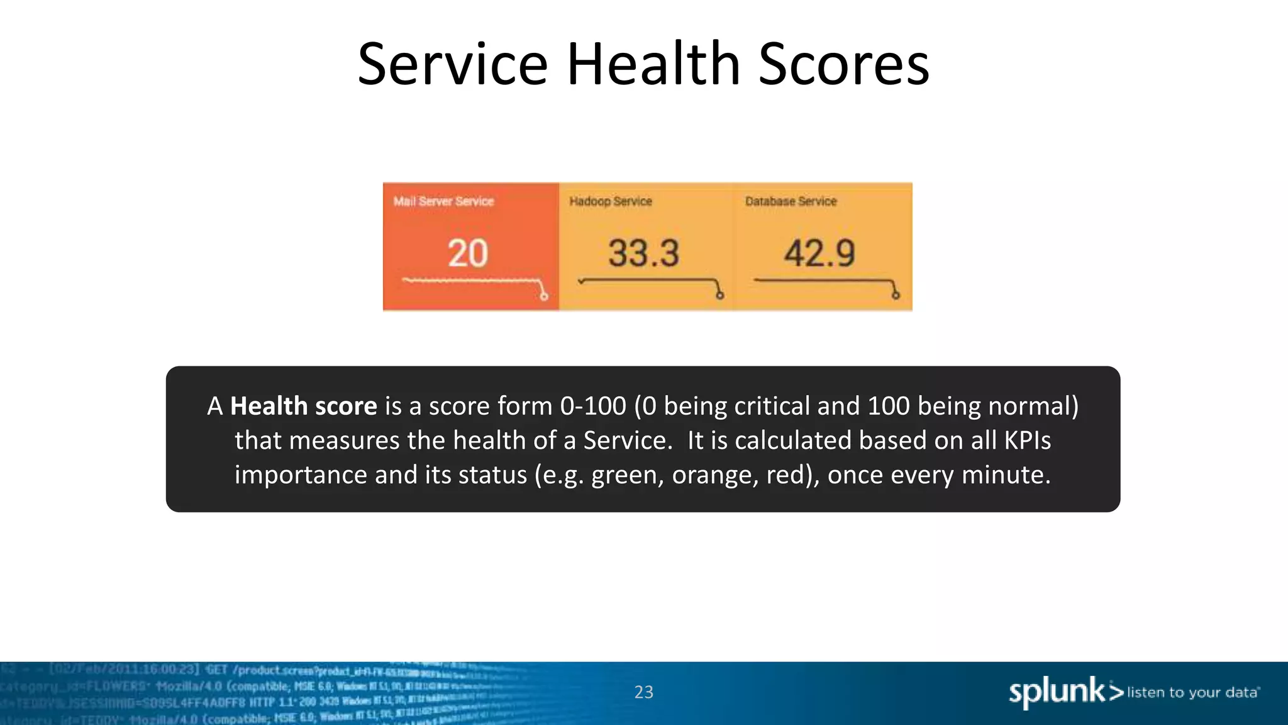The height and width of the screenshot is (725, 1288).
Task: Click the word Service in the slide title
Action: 453,64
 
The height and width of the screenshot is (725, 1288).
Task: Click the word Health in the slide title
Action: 653,64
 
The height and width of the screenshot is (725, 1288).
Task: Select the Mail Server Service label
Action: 443,201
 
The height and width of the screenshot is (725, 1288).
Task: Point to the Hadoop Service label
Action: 610,201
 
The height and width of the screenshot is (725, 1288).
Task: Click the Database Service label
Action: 791,201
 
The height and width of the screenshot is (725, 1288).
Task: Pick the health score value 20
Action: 468,254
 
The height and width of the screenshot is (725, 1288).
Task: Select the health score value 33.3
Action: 643,254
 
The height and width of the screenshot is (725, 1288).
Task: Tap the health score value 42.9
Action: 819,254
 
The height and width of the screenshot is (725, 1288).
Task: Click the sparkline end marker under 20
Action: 544,296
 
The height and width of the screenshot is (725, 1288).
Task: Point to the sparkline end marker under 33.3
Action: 720,295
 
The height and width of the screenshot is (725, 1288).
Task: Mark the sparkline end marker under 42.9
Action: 896,295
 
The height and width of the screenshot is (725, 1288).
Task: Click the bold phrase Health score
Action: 303,407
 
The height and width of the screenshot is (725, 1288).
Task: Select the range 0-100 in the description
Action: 593,407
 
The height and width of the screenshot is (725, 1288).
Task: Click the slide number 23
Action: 643,692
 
